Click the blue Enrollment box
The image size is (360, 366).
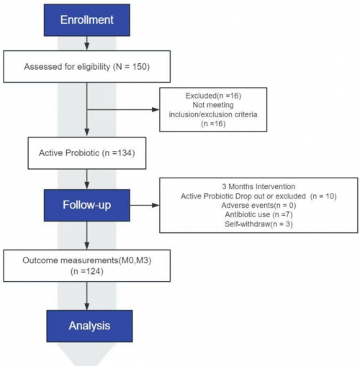(x=87, y=20)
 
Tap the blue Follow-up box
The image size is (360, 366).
(x=87, y=205)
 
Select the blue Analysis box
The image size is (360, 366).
(x=89, y=326)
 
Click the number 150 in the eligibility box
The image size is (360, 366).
(x=140, y=67)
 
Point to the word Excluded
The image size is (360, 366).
(x=201, y=96)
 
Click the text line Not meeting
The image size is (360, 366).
(x=213, y=105)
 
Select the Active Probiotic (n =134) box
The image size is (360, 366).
(x=87, y=153)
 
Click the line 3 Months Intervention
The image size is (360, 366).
(x=258, y=186)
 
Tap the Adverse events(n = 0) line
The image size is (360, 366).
(x=258, y=206)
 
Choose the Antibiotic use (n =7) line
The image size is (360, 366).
(x=258, y=214)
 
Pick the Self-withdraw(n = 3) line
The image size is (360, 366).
(x=258, y=224)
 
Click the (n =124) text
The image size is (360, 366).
(x=87, y=271)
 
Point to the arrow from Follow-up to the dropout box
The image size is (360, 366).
(x=145, y=205)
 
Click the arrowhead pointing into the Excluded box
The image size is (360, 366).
(x=156, y=110)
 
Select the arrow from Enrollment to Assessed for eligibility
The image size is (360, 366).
(x=87, y=43)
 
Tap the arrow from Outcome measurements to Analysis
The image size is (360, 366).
(x=87, y=296)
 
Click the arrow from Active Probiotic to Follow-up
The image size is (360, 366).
(x=87, y=179)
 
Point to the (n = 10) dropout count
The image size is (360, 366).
(x=323, y=196)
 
